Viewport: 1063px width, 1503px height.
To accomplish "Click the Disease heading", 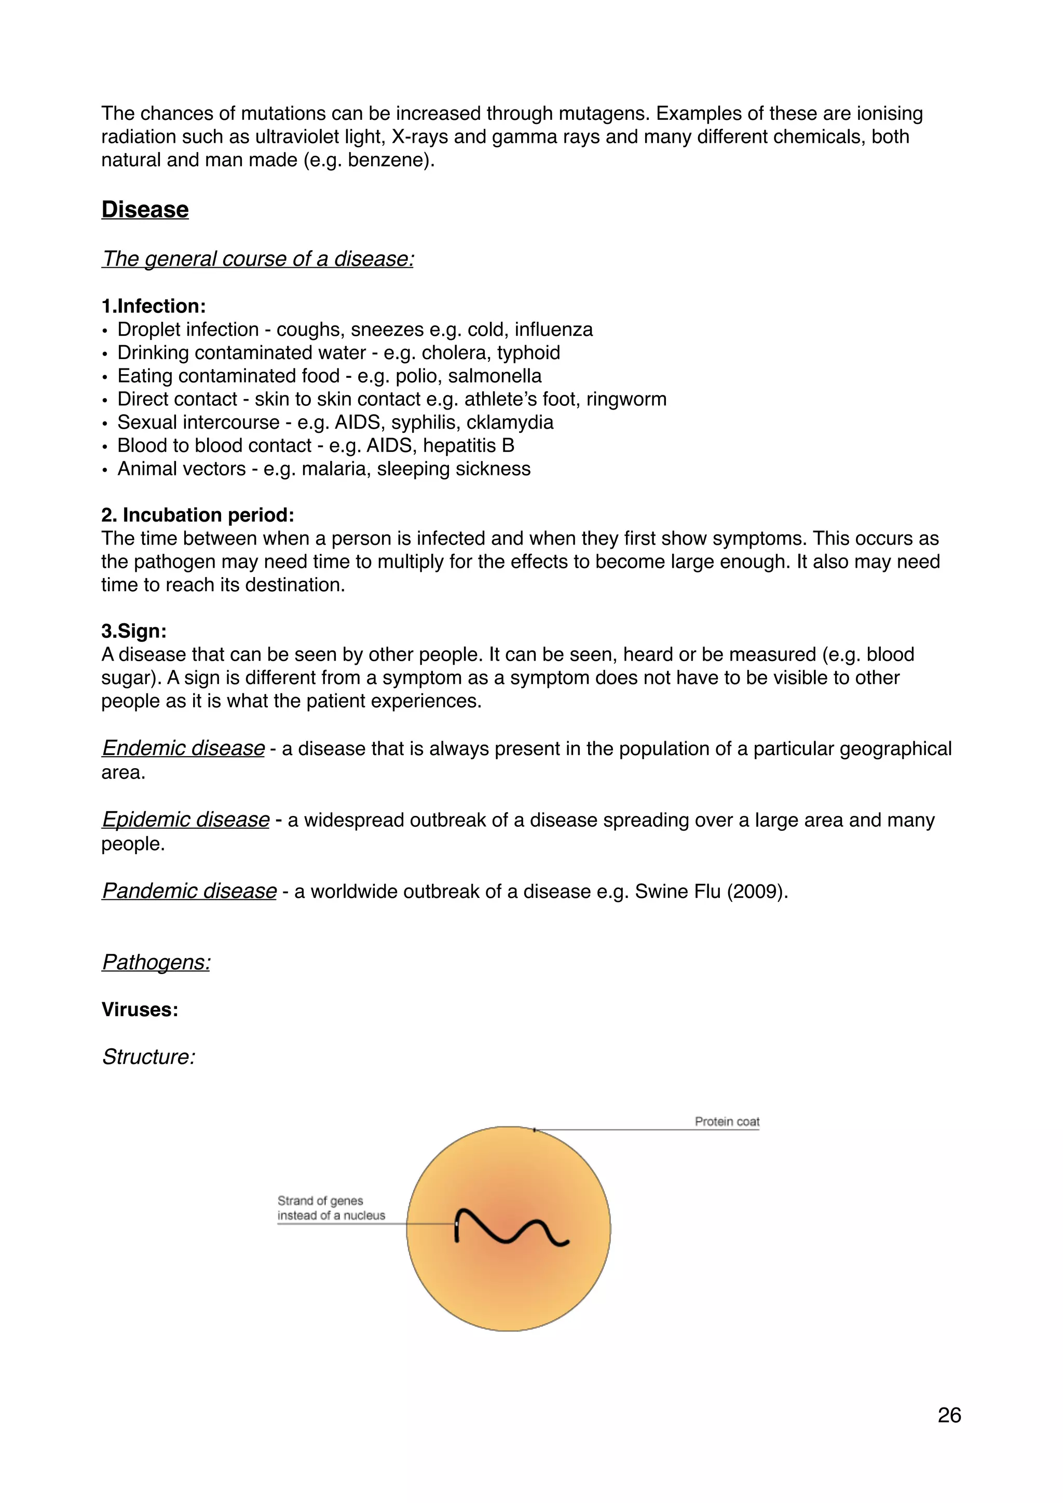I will [145, 210].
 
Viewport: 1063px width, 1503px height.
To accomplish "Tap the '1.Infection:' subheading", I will [153, 306].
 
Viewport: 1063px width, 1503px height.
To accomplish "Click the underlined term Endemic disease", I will [183, 747].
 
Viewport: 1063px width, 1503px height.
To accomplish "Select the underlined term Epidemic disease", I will [185, 819].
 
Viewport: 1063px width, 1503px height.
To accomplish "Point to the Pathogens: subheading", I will [156, 962].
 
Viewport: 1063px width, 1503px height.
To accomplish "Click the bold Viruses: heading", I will [140, 1009].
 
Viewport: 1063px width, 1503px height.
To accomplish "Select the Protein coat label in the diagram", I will [727, 1122].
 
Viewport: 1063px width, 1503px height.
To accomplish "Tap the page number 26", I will [949, 1415].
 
